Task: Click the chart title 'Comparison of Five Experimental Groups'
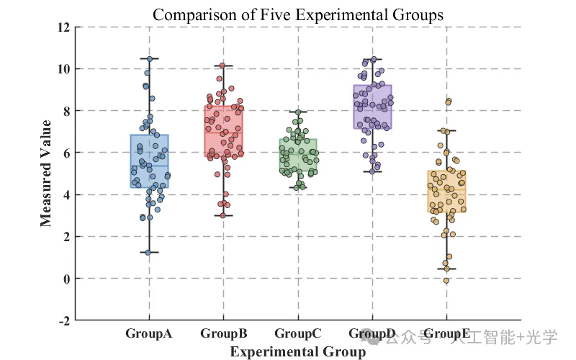point(298,15)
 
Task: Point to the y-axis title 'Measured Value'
point(45,174)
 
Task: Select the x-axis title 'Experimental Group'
point(298,351)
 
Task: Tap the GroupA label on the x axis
point(149,333)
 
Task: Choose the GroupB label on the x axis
point(224,333)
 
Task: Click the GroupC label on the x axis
point(298,333)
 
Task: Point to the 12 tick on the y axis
point(63,27)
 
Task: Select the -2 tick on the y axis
point(64,321)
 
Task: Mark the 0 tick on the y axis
point(66,279)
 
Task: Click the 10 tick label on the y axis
point(63,68)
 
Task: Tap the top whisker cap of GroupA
point(149,58)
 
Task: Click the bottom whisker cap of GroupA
point(149,253)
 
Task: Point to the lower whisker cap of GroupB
point(223,215)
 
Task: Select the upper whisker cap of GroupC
point(298,112)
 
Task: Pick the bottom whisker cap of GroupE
point(446,269)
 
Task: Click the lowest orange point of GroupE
point(446,281)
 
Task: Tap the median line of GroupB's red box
point(223,132)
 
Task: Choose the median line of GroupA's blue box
point(149,166)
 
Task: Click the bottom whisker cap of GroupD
point(372,171)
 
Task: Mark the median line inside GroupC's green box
point(298,154)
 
